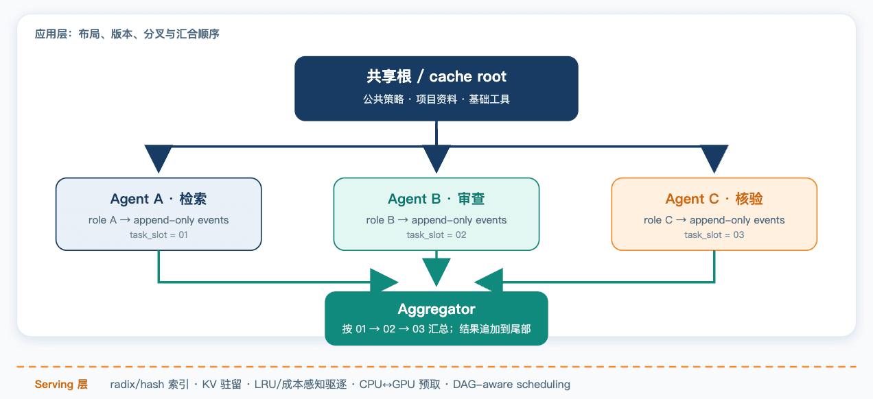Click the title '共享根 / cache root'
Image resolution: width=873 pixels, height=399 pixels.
[x=436, y=76]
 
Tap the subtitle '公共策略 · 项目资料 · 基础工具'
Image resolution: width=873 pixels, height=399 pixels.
[x=436, y=99]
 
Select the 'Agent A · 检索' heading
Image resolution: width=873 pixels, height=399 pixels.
[x=159, y=199]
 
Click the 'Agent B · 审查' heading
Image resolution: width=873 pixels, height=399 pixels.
[x=436, y=199]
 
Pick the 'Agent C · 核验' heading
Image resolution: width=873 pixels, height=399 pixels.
[x=714, y=199]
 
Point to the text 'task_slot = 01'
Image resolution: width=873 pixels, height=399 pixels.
[x=159, y=234]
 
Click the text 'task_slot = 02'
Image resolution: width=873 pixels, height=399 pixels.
[x=436, y=234]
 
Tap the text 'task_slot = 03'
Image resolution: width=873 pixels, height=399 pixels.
[x=714, y=234]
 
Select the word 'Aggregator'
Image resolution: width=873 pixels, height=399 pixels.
[x=436, y=309]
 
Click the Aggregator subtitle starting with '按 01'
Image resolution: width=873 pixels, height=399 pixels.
[x=436, y=329]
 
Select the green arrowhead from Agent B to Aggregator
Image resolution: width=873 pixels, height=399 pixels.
[x=436, y=272]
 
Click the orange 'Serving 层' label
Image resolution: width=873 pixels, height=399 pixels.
[x=61, y=384]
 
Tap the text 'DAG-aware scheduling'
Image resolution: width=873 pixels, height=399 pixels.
[x=511, y=384]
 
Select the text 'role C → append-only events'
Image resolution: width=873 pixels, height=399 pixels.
[x=714, y=220]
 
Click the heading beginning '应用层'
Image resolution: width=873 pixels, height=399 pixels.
[x=127, y=34]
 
